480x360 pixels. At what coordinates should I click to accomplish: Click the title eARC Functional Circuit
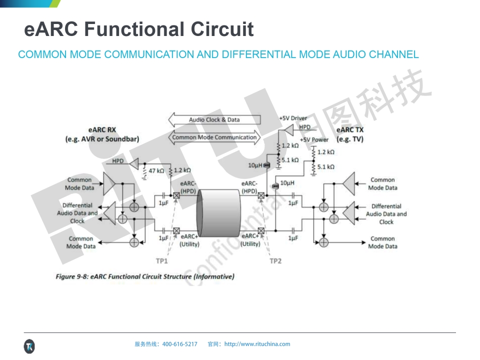tap(139, 29)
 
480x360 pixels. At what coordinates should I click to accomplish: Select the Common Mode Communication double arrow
tap(214, 137)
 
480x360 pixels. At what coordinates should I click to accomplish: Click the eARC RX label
tap(102, 130)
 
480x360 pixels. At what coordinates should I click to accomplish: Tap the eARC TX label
tap(350, 130)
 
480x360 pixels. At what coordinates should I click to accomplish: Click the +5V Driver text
tap(293, 118)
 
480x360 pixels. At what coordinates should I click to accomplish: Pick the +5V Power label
tap(314, 139)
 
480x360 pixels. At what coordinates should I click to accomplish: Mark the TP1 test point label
tap(161, 261)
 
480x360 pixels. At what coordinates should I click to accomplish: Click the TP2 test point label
tap(275, 261)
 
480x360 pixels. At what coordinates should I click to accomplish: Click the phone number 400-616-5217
tap(180, 344)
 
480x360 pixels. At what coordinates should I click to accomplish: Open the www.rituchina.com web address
tap(257, 344)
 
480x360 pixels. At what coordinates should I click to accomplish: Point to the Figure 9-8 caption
tap(145, 276)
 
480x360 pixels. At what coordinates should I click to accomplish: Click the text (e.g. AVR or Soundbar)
tap(102, 139)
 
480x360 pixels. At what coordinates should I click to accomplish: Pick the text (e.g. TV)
tap(350, 139)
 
